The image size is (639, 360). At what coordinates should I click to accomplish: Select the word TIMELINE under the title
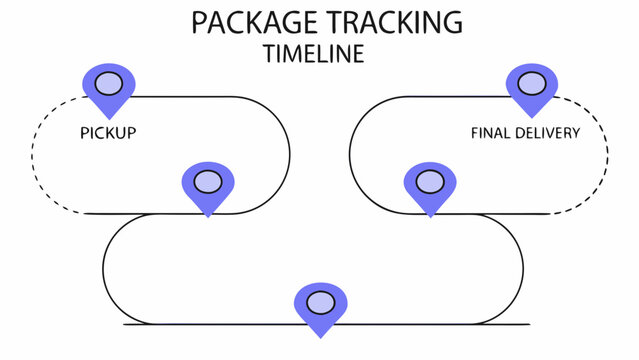pyautogui.click(x=314, y=54)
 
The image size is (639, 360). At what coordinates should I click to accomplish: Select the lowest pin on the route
pyautogui.click(x=320, y=306)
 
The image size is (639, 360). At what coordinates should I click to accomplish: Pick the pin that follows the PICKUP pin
pyautogui.click(x=207, y=186)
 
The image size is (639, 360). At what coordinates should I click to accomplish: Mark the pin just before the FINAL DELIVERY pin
pyautogui.click(x=429, y=186)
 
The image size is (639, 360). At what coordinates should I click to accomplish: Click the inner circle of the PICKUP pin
pyautogui.click(x=108, y=82)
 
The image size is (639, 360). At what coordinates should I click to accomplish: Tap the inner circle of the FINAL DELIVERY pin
pyautogui.click(x=531, y=82)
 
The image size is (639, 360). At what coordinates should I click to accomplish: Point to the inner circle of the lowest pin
pyautogui.click(x=320, y=302)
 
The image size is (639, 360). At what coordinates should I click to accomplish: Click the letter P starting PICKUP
pyautogui.click(x=83, y=132)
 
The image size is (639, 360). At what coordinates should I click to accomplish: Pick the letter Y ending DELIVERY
pyautogui.click(x=575, y=132)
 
